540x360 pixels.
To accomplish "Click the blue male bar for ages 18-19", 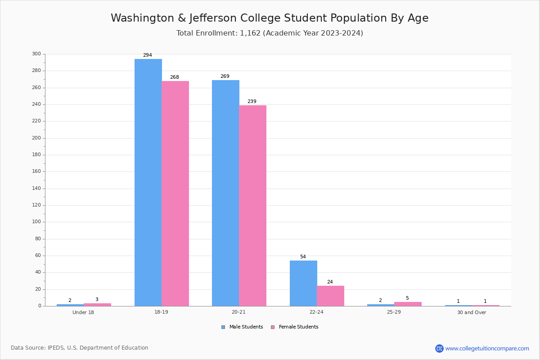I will click(x=148, y=182).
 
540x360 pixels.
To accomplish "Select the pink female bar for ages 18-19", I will click(x=175, y=193).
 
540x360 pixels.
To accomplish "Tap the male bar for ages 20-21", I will click(x=225, y=193).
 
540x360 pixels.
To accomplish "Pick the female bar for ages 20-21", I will click(x=252, y=206).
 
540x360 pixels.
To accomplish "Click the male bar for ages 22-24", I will click(x=303, y=283).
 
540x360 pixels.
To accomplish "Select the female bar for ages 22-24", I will click(x=330, y=296).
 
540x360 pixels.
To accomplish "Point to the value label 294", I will click(x=148, y=55).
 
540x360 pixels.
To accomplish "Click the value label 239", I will click(x=252, y=102).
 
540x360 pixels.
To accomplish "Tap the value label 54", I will click(x=303, y=257).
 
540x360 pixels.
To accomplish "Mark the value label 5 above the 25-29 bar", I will click(x=407, y=298).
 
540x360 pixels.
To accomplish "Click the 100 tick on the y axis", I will click(x=36, y=222).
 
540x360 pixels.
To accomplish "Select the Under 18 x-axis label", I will click(x=83, y=312).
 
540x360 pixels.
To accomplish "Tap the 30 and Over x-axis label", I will click(x=472, y=312).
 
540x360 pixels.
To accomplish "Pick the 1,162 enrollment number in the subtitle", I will click(x=250, y=33).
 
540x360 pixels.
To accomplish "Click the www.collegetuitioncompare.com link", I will click(x=487, y=348).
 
